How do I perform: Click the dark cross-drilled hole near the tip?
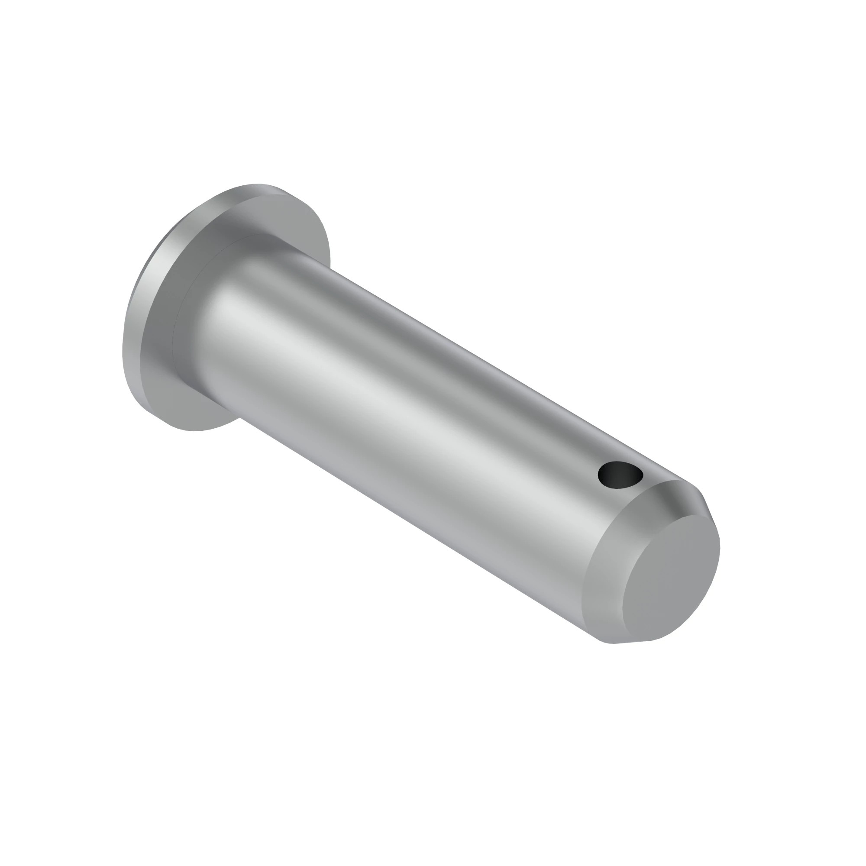click(x=620, y=475)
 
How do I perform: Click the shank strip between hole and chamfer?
click(x=646, y=498)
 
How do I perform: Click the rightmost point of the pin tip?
click(x=719, y=547)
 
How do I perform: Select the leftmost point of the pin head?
click(x=123, y=354)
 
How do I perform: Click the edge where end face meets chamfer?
click(x=627, y=583)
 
